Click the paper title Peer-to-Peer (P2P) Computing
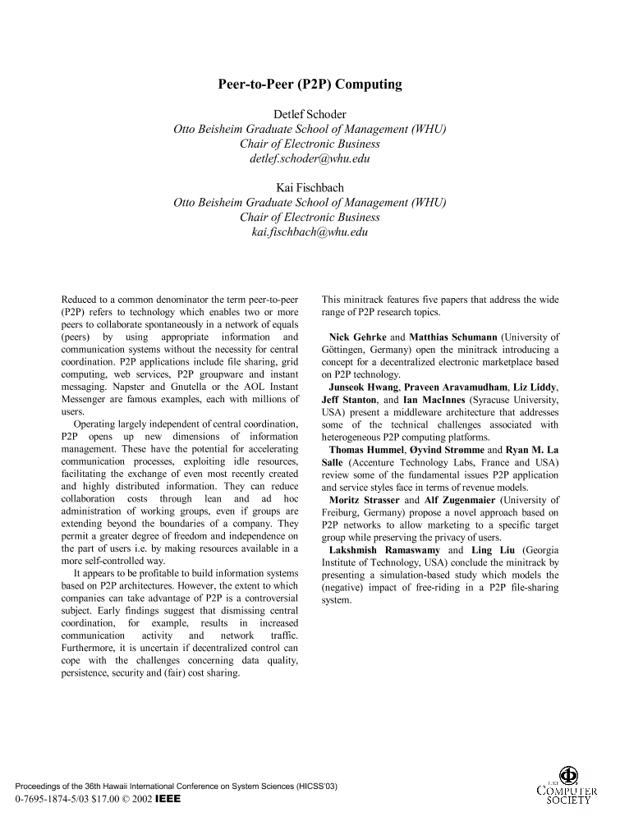(x=310, y=84)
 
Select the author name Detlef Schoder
(x=310, y=114)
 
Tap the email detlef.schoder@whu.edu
(x=310, y=158)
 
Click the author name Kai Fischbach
(x=310, y=188)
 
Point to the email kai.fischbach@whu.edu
(x=310, y=232)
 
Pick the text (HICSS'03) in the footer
(x=313, y=786)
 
